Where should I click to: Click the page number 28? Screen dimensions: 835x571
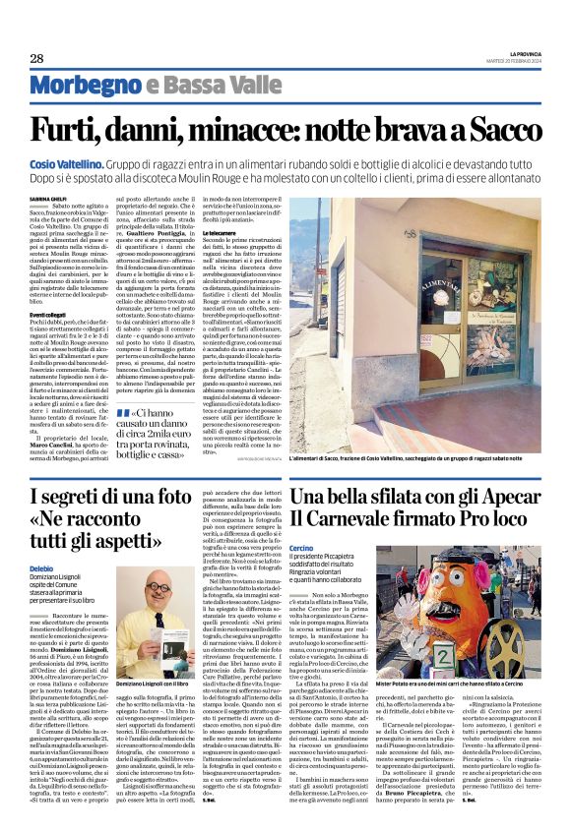click(36, 59)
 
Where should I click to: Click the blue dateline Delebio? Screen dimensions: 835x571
click(42, 569)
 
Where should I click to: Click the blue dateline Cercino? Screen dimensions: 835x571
click(303, 548)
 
